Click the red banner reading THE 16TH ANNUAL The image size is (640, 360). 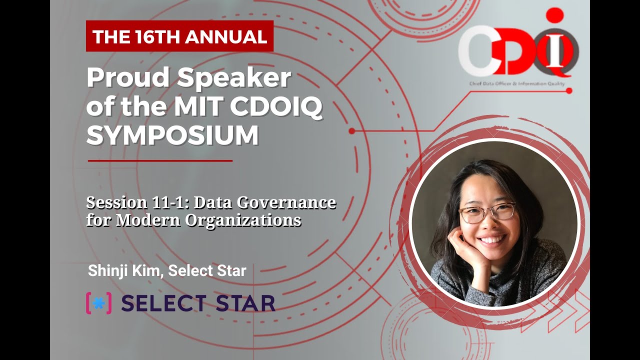179,36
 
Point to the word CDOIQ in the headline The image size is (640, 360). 276,106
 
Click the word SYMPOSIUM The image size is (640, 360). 172,135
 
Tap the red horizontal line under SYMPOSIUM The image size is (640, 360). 160,161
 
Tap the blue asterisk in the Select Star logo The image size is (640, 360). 99,303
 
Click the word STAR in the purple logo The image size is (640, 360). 245,303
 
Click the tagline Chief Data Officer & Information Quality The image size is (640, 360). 517,83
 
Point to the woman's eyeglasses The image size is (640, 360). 487,213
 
